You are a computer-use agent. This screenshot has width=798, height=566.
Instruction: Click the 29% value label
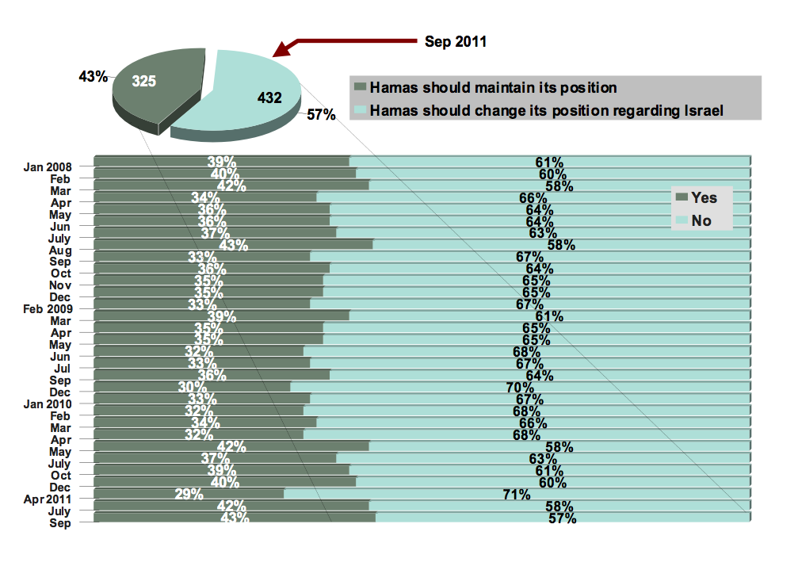point(189,495)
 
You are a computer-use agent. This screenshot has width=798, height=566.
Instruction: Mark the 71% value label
point(516,495)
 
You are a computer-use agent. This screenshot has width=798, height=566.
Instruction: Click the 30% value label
point(193,388)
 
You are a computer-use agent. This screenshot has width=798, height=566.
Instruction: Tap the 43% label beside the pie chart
point(93,77)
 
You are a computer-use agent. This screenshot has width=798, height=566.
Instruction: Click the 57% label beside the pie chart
point(321,114)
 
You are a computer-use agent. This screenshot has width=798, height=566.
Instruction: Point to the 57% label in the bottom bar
point(561,518)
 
